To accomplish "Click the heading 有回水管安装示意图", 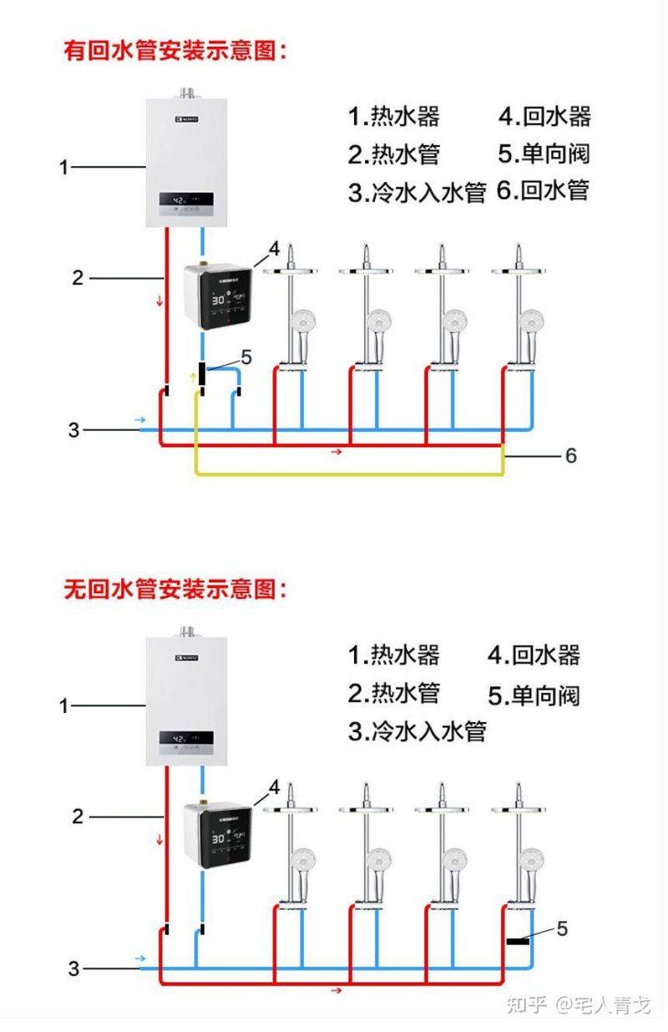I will (175, 50).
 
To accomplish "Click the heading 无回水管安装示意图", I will (175, 589).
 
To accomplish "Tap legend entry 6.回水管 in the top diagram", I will (543, 190).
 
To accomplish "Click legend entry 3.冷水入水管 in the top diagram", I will (417, 193).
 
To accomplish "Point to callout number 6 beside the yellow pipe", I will (570, 455).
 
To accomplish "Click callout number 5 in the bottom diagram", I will (562, 928).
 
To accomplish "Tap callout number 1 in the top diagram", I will (63, 167).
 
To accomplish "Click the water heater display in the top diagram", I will (186, 201).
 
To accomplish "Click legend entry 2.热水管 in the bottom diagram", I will (393, 693).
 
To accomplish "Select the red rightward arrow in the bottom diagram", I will (337, 990).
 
